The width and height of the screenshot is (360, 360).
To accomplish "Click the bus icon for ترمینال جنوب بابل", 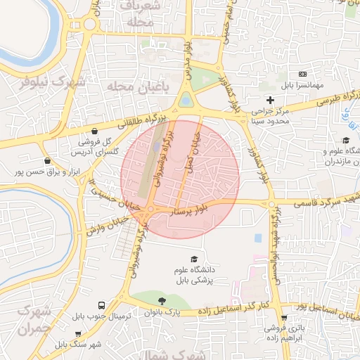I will click(102, 306).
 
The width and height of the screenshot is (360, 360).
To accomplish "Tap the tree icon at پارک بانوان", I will click(162, 300).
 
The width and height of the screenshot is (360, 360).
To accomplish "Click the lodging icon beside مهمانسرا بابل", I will click(302, 74).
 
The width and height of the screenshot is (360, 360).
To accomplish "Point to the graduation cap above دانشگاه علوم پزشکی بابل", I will click(194, 259).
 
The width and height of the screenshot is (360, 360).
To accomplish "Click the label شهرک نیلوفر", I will click(53, 81).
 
